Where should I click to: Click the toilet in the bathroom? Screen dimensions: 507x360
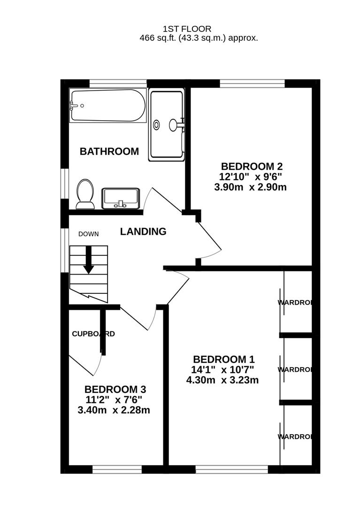[x=85, y=193]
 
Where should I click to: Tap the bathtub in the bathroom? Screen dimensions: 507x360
[x=107, y=106]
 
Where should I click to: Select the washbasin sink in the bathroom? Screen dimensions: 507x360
[x=121, y=198]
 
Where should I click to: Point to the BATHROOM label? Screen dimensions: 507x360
[x=109, y=152]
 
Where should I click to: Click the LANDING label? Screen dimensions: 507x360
[x=143, y=231]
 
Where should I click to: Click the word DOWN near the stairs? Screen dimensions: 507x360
[x=88, y=234]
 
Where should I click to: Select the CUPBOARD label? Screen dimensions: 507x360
[x=93, y=334]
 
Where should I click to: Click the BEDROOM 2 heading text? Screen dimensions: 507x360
[x=252, y=166]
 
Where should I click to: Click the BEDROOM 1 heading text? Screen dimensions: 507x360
[x=223, y=359]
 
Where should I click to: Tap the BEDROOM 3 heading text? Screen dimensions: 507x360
[x=115, y=390]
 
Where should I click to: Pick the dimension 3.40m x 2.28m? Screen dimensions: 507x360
[x=114, y=410]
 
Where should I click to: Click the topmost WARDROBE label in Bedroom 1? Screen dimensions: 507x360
[x=295, y=302]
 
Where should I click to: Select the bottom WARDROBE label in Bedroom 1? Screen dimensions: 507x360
[x=295, y=437]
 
